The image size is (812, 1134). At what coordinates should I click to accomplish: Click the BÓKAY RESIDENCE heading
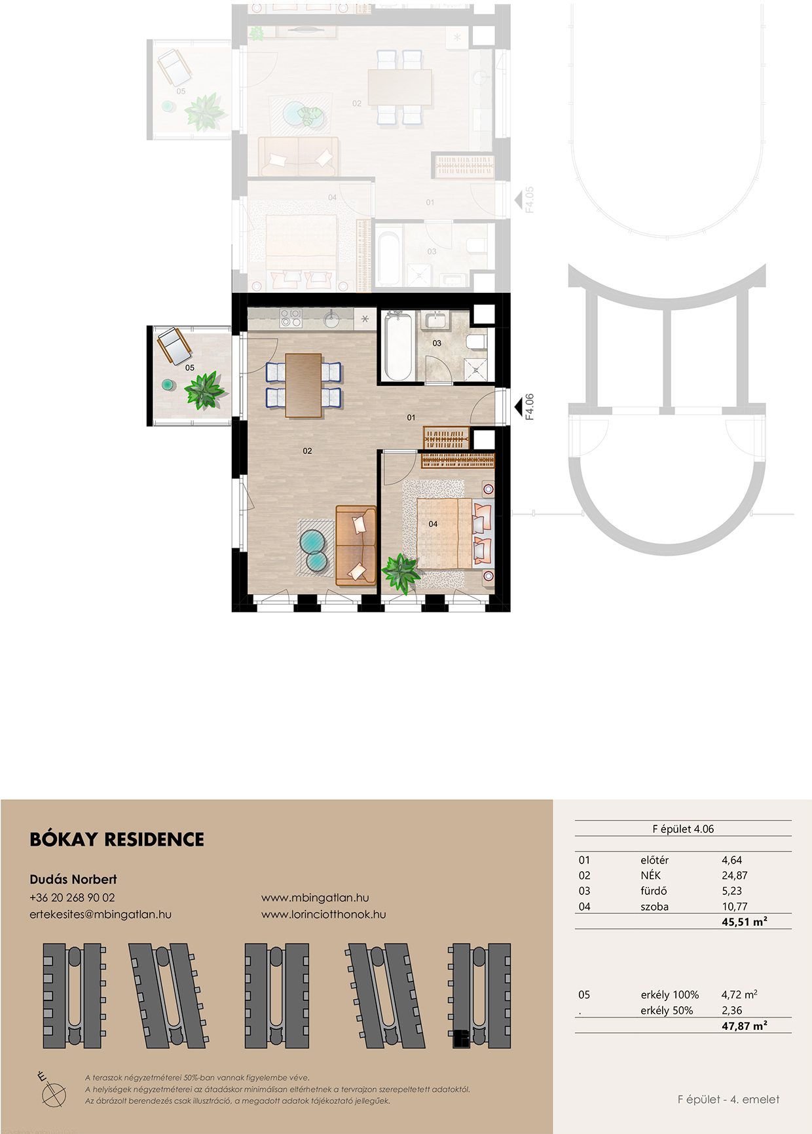[x=117, y=839]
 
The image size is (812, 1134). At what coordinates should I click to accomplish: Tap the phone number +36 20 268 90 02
[x=72, y=898]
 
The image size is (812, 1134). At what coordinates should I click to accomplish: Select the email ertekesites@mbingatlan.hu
[x=100, y=915]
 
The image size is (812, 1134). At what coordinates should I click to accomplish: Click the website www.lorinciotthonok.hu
[x=323, y=915]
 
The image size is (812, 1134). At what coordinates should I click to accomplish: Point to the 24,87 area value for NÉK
[x=734, y=875]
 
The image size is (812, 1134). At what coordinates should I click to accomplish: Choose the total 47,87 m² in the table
[x=745, y=1026]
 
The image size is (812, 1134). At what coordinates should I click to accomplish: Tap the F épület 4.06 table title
[x=683, y=829]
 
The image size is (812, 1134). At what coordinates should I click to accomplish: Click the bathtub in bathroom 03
[x=398, y=347]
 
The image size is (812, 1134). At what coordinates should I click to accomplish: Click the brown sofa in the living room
[x=356, y=545]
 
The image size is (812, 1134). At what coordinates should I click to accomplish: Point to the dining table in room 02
[x=303, y=385]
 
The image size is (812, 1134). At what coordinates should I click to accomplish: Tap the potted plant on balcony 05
[x=204, y=390]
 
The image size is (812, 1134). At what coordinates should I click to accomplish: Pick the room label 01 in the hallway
[x=411, y=417]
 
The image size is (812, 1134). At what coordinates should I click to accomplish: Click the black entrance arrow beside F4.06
[x=518, y=406]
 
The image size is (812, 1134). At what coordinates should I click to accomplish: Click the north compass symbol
[x=52, y=1091]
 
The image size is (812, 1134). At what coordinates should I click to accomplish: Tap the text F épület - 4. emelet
[x=728, y=1099]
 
